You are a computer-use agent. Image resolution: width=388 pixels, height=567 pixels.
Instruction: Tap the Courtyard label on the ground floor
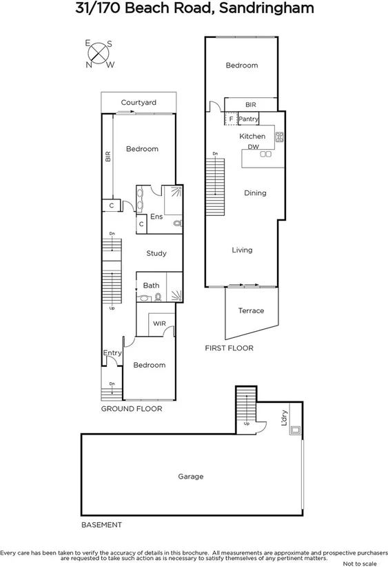[139, 103]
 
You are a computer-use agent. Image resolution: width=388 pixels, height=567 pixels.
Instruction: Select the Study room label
[156, 253]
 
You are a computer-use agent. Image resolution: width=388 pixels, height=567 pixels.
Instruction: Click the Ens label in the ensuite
[156, 217]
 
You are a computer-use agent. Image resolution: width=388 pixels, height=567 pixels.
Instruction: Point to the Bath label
[151, 285]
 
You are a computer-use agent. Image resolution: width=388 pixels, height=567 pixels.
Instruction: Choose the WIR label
[159, 323]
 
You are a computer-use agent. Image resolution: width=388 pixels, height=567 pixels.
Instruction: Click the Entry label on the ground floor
[112, 353]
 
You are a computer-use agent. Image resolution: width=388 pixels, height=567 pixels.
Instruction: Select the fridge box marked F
[231, 119]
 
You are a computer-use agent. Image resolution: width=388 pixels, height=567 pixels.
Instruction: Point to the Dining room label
[255, 193]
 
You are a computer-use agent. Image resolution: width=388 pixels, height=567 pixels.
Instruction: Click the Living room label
[242, 250]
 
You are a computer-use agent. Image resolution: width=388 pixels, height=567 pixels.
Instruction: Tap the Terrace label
[251, 310]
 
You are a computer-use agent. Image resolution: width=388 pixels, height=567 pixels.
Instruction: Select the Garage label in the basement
[191, 476]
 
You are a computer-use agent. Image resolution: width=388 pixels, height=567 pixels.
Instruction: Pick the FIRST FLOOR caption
[229, 348]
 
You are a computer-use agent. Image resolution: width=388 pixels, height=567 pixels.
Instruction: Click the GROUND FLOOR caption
[132, 409]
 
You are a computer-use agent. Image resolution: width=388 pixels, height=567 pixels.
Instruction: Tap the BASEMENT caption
[101, 525]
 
